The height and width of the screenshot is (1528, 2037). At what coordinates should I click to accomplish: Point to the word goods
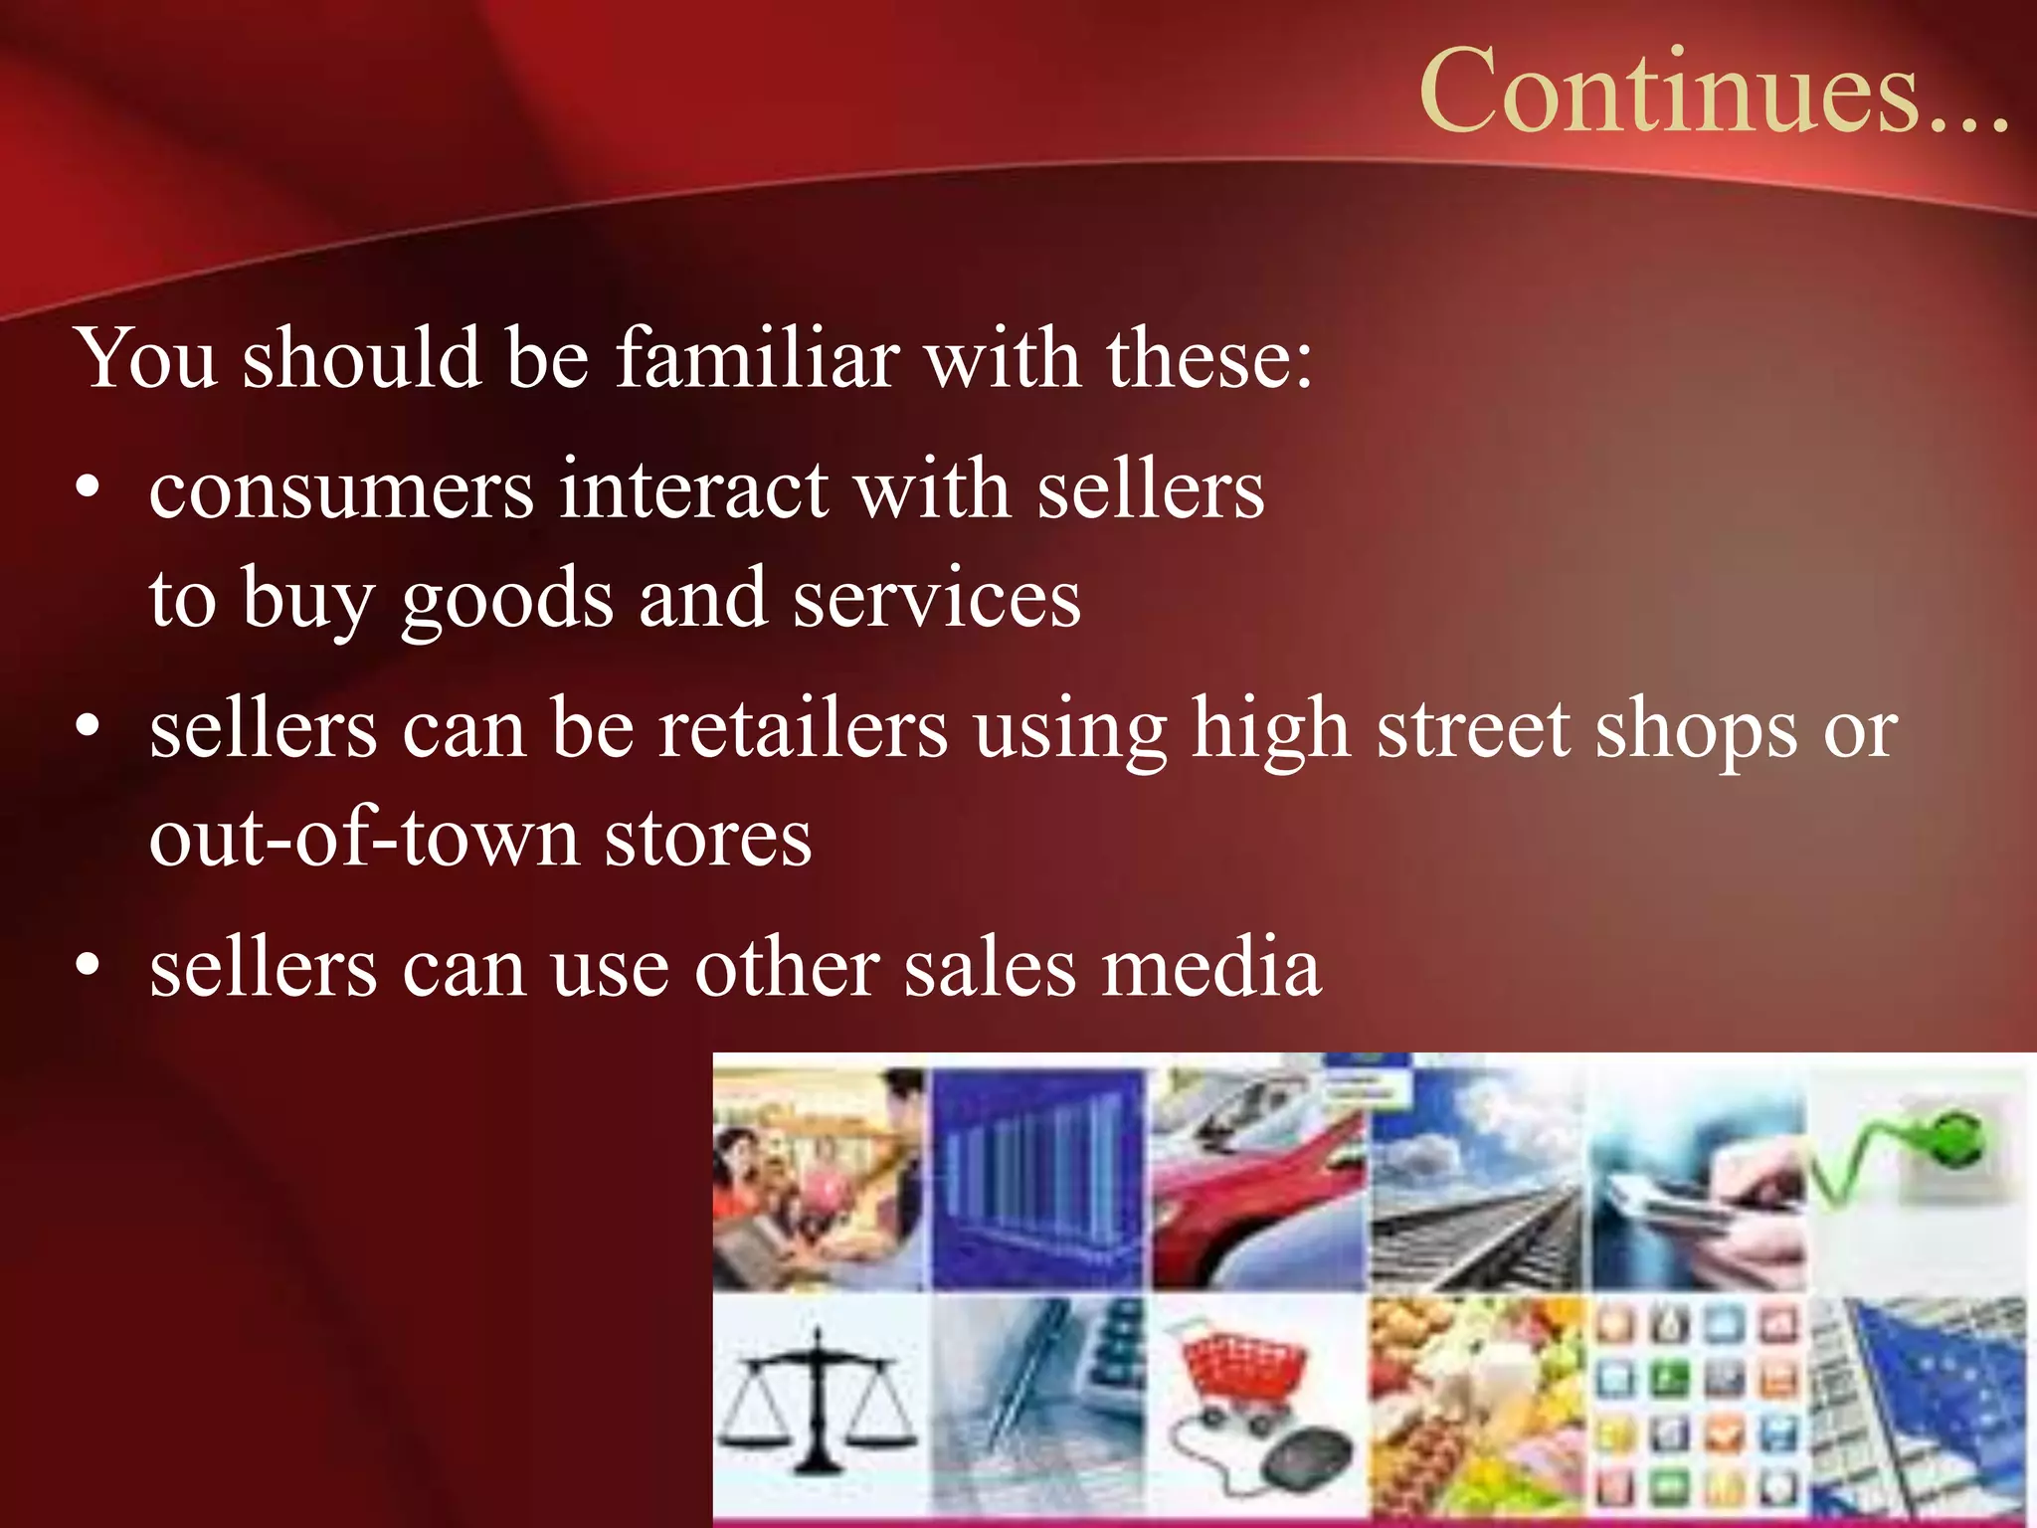[507, 600]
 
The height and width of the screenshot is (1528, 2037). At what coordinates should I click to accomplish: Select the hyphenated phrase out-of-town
[364, 838]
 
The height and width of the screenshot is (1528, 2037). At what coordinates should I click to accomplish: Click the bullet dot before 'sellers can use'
[89, 964]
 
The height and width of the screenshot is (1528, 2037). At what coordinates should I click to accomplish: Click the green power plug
[1949, 1144]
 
